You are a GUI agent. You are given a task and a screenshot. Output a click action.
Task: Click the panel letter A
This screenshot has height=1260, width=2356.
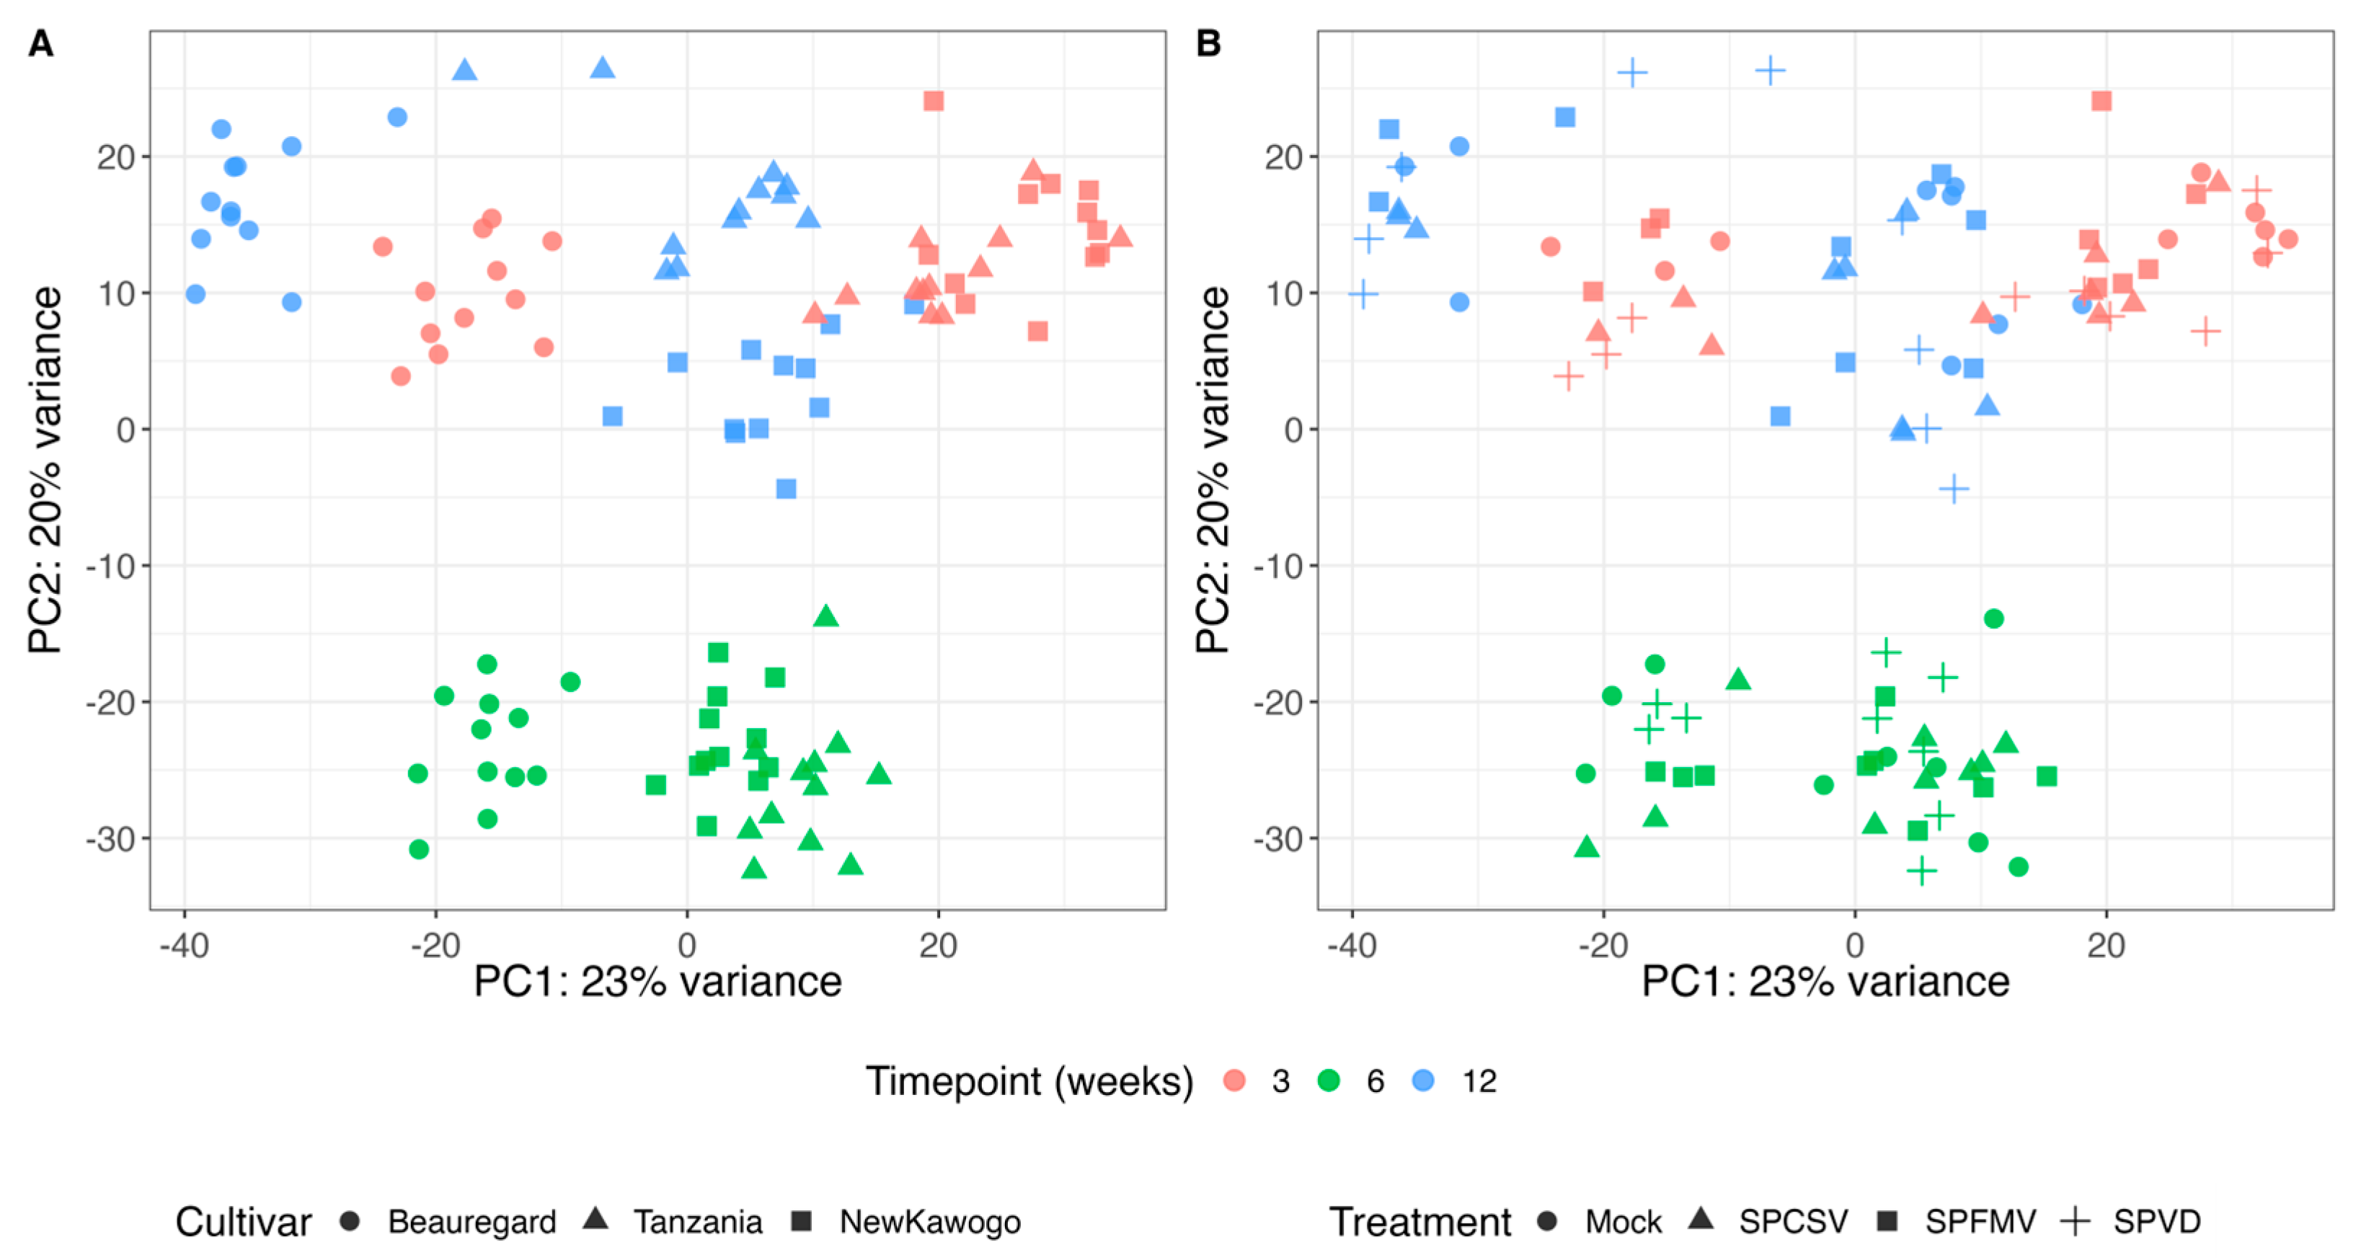tap(40, 44)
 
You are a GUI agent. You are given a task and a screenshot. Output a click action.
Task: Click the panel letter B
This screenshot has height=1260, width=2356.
tap(1208, 44)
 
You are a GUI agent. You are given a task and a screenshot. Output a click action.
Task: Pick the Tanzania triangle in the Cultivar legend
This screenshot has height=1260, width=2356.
tap(596, 1220)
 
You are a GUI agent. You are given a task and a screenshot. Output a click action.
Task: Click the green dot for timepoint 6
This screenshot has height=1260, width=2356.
tap(1329, 1082)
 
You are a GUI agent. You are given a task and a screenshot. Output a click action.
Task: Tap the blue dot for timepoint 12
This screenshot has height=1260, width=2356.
tap(1423, 1082)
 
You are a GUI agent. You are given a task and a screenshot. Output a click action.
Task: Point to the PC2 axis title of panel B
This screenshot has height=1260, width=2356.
tap(1213, 470)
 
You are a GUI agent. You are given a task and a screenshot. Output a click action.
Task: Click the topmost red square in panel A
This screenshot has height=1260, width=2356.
tap(933, 101)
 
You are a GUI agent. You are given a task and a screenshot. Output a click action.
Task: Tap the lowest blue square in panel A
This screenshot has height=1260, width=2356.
tap(786, 489)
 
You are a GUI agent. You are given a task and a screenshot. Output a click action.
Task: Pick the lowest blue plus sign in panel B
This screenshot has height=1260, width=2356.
tap(1954, 489)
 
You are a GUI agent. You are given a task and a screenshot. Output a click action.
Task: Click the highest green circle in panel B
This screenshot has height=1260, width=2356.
tap(1994, 619)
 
